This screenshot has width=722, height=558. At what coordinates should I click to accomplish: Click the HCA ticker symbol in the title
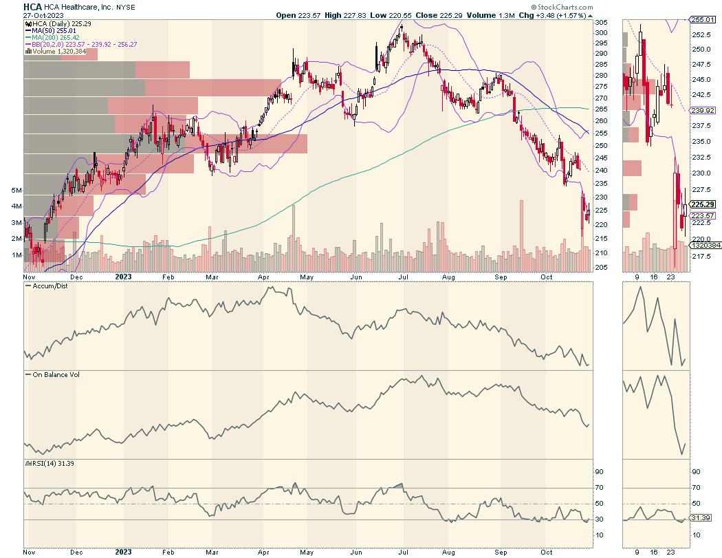[x=32, y=7]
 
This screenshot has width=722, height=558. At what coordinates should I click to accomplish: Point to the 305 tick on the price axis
[x=600, y=23]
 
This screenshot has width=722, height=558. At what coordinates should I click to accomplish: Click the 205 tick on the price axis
[x=600, y=267]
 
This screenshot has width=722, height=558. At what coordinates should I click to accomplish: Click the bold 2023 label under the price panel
[x=123, y=277]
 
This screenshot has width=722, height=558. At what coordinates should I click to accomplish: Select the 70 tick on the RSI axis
[x=600, y=488]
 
